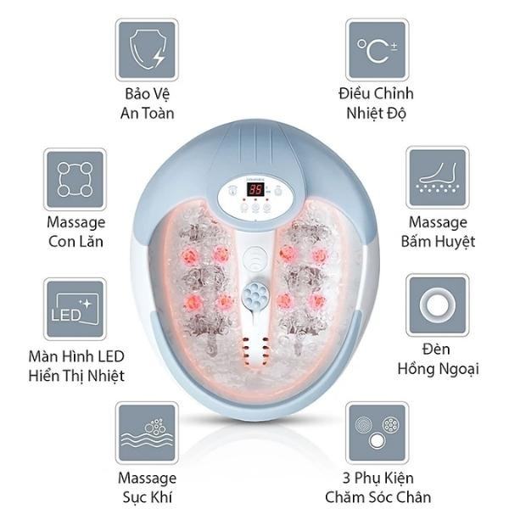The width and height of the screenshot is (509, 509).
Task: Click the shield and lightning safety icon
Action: click(147, 50)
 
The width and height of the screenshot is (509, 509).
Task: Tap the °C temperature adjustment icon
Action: click(378, 50)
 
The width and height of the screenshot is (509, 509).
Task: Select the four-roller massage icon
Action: click(75, 180)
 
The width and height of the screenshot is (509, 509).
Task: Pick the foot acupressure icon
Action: click(438, 178)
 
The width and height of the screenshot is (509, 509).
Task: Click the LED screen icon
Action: click(75, 309)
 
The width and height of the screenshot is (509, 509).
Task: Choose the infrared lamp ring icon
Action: click(438, 305)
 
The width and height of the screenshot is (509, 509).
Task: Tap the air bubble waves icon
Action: click(147, 433)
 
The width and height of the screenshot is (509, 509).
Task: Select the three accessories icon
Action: click(378, 433)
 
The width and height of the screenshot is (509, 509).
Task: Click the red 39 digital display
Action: click(255, 189)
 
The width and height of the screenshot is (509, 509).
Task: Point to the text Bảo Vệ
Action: click(148, 94)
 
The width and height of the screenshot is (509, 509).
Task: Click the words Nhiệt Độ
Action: click(376, 114)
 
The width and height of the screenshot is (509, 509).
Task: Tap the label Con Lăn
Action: click(76, 242)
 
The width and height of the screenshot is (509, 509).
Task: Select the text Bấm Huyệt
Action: click(438, 242)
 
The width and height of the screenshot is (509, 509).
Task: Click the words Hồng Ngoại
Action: click(439, 369)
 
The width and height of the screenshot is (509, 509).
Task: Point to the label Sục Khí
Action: click(148, 497)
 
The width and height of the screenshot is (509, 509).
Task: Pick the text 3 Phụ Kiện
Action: click(378, 478)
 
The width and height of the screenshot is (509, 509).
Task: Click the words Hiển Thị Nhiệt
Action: click(76, 376)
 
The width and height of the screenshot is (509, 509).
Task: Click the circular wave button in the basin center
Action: click(255, 258)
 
